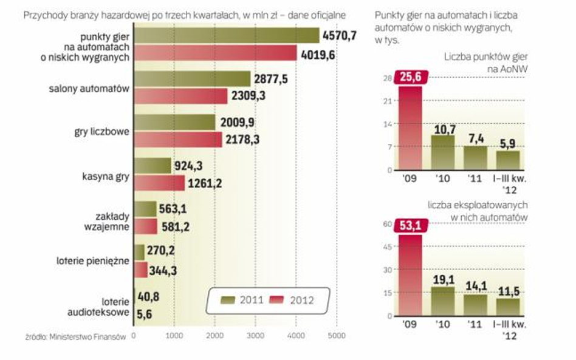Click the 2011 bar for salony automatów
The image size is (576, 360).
pos(191,79)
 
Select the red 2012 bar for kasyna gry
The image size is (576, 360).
pos(159,183)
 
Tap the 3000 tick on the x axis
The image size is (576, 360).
pos(255,335)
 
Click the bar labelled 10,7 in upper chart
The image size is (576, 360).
pos(443,152)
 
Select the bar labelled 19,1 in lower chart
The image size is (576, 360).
pos(443,301)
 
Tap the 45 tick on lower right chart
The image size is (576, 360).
pos(386,247)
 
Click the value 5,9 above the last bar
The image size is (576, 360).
pos(508,143)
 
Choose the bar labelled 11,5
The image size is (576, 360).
pos(508,307)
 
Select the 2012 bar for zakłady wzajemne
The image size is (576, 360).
pos(145,226)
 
